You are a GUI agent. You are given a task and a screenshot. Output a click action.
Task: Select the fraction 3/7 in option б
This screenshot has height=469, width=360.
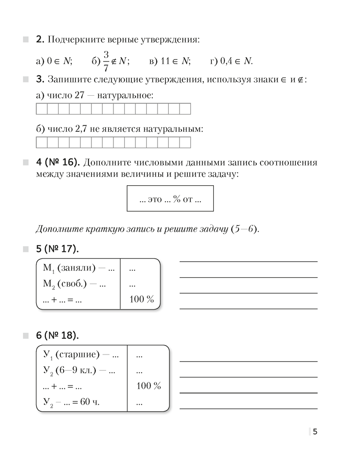pyautogui.click(x=106, y=61)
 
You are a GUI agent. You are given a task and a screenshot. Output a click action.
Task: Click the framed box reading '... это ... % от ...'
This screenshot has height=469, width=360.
pyautogui.click(x=170, y=199)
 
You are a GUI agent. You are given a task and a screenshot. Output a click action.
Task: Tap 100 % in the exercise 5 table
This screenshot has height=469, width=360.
pyautogui.click(x=141, y=299)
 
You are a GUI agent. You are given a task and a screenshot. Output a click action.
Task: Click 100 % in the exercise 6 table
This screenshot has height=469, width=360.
pyautogui.click(x=148, y=386)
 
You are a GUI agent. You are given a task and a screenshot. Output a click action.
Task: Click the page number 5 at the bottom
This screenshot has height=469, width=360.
pyautogui.click(x=315, y=432)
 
